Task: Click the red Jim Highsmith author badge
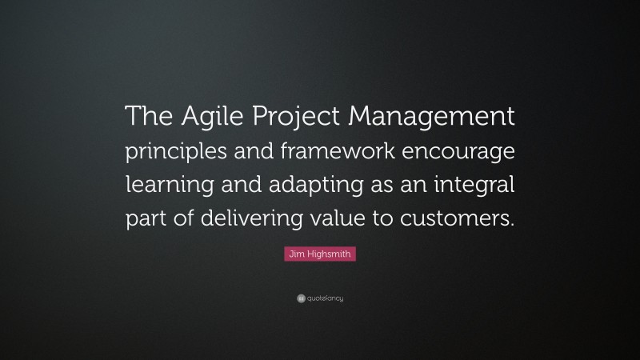(319, 254)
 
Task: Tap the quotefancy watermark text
(325, 298)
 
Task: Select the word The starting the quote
(149, 119)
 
